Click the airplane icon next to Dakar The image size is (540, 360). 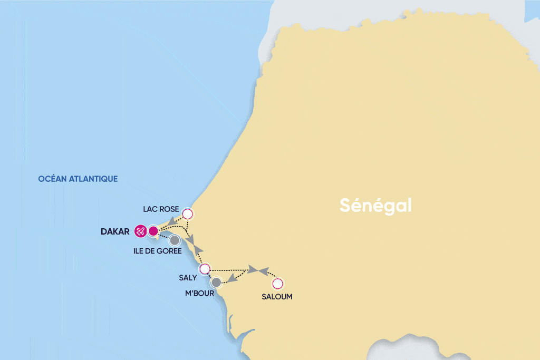140,231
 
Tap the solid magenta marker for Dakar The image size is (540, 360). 153,230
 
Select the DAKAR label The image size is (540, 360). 114,231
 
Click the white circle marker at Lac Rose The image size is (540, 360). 187,213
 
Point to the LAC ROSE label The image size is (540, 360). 161,209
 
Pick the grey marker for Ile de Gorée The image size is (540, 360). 175,240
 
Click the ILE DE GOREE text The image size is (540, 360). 158,251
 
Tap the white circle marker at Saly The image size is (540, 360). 205,268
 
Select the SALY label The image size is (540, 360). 188,278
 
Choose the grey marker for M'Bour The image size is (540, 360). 216,282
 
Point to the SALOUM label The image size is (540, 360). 277,297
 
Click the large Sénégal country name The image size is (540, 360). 375,206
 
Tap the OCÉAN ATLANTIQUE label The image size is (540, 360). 78,179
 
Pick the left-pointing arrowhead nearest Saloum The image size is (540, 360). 263,271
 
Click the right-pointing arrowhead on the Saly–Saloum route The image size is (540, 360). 253,270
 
